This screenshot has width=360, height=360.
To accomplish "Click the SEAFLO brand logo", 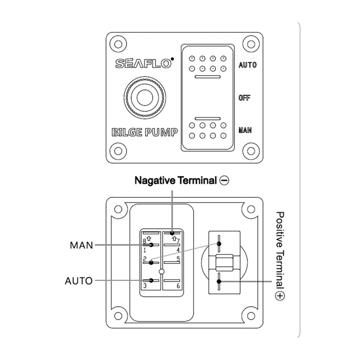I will (x=144, y=63).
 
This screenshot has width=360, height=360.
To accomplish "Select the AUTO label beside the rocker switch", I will (x=247, y=65).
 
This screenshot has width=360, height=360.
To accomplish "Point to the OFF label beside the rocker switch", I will (x=245, y=98).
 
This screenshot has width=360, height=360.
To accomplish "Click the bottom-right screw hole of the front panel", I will (x=252, y=151).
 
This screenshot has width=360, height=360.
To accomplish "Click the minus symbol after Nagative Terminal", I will (x=224, y=180).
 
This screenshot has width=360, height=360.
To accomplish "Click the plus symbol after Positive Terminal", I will (x=280, y=296).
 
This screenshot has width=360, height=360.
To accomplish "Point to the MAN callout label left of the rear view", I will (x=81, y=245).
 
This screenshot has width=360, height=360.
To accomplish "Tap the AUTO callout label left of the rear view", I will (x=79, y=281).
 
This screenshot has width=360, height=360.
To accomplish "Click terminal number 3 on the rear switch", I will (x=145, y=285).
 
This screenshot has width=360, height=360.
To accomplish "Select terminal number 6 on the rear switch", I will (x=179, y=285).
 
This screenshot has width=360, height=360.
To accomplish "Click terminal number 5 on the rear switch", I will (x=179, y=258).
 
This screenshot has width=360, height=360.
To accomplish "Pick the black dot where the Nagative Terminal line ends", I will (x=172, y=232).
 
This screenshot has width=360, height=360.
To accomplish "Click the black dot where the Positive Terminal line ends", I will (x=219, y=281).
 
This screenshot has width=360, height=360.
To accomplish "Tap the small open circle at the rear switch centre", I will (x=161, y=271).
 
